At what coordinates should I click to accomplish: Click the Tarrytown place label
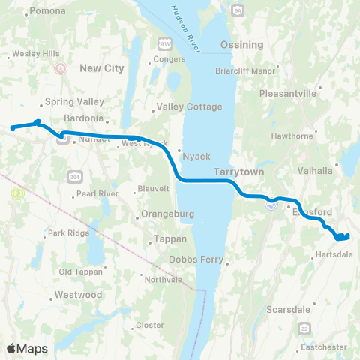click(x=236, y=172)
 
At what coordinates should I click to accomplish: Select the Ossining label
click(x=241, y=45)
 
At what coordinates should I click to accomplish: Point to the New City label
click(x=100, y=67)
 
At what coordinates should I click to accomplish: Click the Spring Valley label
click(x=68, y=102)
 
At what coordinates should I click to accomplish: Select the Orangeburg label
click(x=169, y=214)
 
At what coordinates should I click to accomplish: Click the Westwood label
click(x=78, y=295)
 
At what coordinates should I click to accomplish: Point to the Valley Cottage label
click(x=187, y=106)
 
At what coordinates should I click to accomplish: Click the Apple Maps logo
click(x=28, y=348)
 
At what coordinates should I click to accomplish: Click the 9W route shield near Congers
click(x=164, y=43)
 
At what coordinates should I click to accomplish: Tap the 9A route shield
click(x=237, y=9)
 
